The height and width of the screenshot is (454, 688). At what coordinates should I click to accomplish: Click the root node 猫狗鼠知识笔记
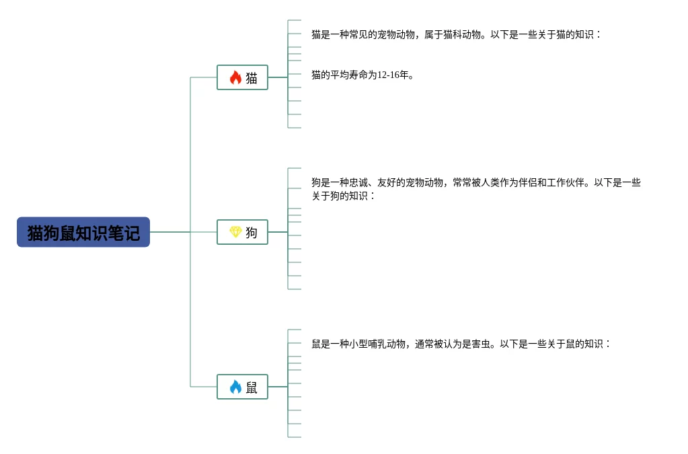click(x=83, y=232)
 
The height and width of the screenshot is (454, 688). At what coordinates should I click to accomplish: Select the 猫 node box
click(x=242, y=77)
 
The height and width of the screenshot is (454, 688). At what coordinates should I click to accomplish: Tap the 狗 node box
click(x=242, y=232)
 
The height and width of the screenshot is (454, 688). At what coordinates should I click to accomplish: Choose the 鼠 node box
click(x=242, y=387)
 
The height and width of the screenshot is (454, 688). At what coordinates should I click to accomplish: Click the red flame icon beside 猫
click(x=235, y=77)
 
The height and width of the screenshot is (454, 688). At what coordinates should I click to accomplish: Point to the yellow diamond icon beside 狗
click(x=235, y=232)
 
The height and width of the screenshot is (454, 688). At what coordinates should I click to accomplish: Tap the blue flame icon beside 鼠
click(x=235, y=387)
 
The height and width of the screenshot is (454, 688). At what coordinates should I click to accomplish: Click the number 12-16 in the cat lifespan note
click(x=389, y=75)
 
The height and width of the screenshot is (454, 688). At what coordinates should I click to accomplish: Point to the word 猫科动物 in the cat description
click(x=462, y=34)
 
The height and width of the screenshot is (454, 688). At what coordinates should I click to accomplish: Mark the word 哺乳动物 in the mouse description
click(x=387, y=344)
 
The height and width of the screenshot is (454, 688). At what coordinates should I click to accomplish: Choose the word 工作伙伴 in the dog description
click(x=566, y=182)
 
